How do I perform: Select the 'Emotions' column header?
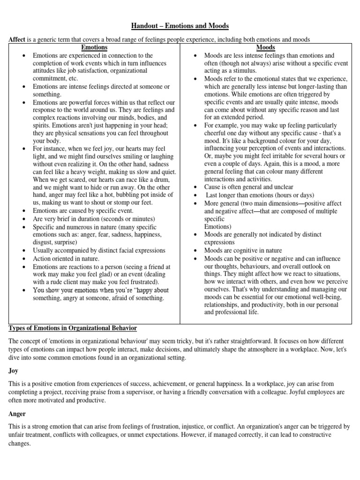94,47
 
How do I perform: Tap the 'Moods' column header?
265,47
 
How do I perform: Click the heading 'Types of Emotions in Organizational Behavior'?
73,327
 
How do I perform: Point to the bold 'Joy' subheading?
13,370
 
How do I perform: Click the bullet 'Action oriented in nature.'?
66,258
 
